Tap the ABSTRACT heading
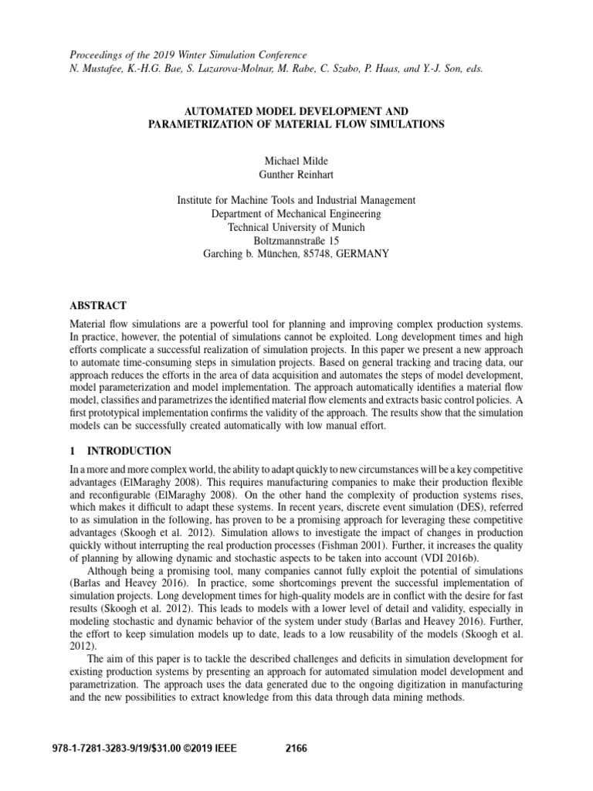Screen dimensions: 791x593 pos(98,306)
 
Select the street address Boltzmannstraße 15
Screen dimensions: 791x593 pos(296,240)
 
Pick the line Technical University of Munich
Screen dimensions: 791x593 pos(296,227)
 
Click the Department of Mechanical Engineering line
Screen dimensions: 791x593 pos(296,214)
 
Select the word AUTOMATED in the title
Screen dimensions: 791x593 pos(225,110)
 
